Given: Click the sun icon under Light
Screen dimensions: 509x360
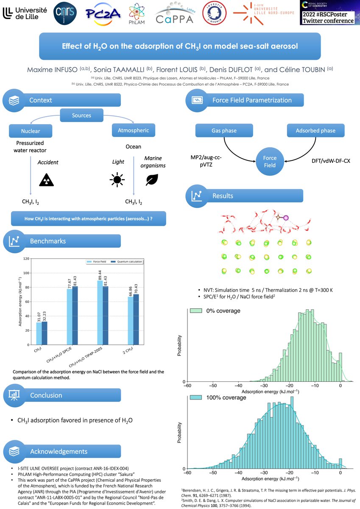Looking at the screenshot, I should (x=116, y=180).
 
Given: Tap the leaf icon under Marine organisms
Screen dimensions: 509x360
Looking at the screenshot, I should (x=151, y=180).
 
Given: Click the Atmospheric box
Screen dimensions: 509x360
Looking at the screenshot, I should (x=134, y=130).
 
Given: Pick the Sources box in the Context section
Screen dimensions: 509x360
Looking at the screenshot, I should (x=81, y=115).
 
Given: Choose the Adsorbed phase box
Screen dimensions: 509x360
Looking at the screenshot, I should (x=316, y=131).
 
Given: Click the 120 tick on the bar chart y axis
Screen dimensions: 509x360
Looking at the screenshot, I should (x=27, y=258).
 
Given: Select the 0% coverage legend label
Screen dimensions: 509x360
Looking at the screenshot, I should (x=223, y=311).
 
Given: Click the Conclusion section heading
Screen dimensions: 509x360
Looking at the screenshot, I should (x=46, y=395).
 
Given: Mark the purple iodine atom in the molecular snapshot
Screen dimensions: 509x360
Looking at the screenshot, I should (x=285, y=218).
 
